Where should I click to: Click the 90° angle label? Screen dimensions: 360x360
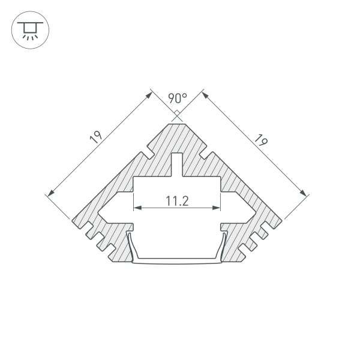click(x=178, y=98)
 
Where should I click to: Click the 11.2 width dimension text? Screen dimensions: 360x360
click(x=177, y=201)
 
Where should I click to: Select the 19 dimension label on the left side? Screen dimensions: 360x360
click(x=96, y=137)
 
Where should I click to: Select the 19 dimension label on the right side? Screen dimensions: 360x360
click(x=261, y=140)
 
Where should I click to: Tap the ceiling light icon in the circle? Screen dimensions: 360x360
click(x=30, y=31)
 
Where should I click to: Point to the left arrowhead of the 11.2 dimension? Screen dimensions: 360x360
click(x=137, y=208)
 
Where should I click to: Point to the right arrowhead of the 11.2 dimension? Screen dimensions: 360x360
click(x=217, y=208)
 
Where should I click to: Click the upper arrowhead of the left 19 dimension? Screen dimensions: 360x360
click(x=149, y=95)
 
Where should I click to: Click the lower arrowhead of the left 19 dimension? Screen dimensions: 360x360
click(x=51, y=193)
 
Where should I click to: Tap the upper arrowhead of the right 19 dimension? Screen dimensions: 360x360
click(x=205, y=95)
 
